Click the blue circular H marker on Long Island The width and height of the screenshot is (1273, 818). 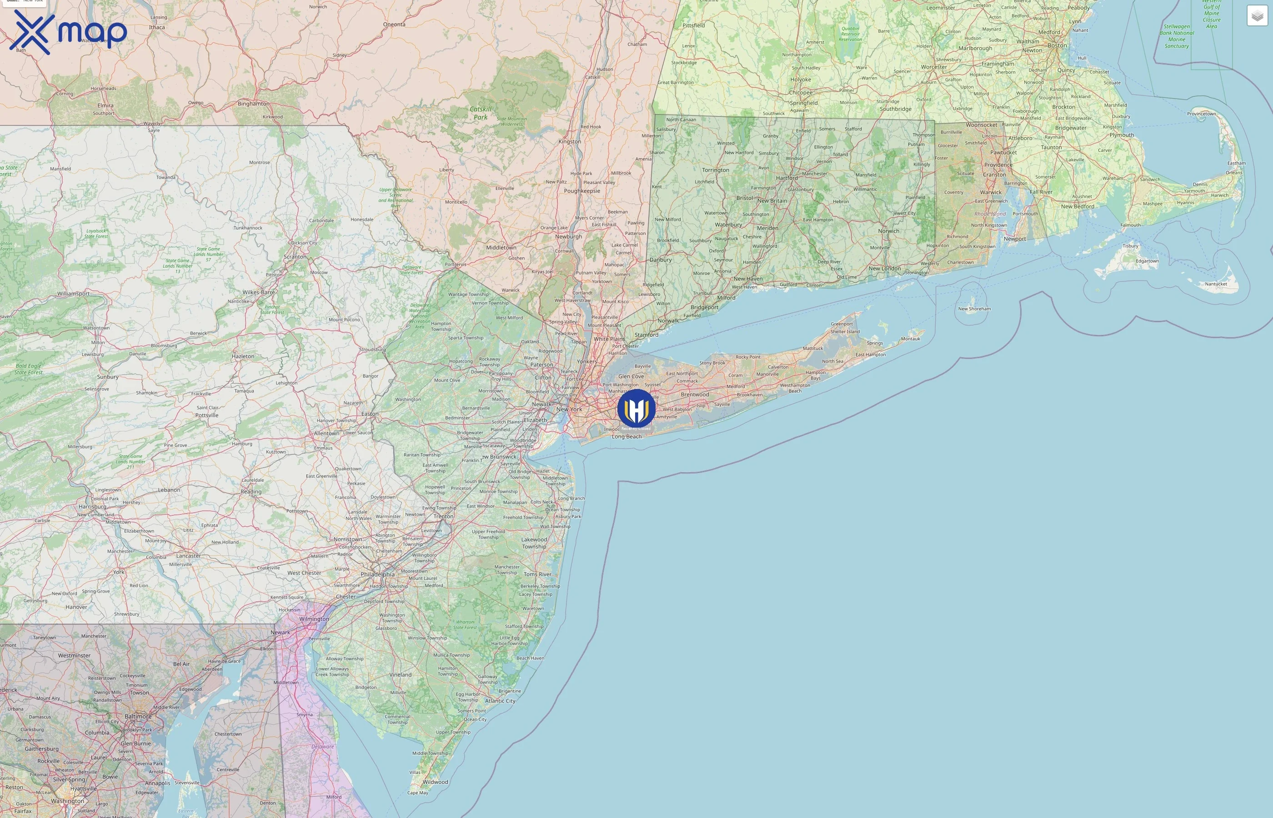pyautogui.click(x=636, y=409)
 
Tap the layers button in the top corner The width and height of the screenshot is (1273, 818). pyautogui.click(x=1257, y=16)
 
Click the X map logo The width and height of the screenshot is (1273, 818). pyautogui.click(x=68, y=32)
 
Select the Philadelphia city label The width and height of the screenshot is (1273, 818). pyautogui.click(x=377, y=574)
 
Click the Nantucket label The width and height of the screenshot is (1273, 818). pyautogui.click(x=1216, y=284)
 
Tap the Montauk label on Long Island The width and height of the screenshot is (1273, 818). pyautogui.click(x=910, y=339)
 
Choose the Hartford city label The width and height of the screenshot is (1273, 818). pyautogui.click(x=787, y=178)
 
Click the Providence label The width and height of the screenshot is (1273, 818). pyautogui.click(x=998, y=165)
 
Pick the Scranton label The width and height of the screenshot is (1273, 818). pyautogui.click(x=295, y=257)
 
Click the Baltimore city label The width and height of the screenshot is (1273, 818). pyautogui.click(x=138, y=717)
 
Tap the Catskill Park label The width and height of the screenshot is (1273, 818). pyautogui.click(x=480, y=113)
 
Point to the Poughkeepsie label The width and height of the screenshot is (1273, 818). pyautogui.click(x=582, y=191)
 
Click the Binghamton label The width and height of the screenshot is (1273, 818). pyautogui.click(x=253, y=104)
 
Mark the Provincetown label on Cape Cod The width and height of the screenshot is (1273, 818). pyautogui.click(x=1201, y=114)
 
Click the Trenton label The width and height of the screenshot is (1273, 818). pyautogui.click(x=443, y=516)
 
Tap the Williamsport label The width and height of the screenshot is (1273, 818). pyautogui.click(x=73, y=294)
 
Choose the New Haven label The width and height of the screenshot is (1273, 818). pyautogui.click(x=747, y=279)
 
